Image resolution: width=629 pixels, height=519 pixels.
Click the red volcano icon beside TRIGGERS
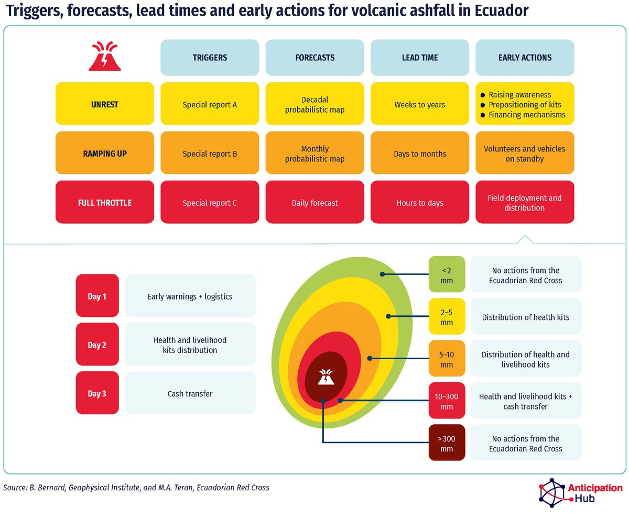point(105,56)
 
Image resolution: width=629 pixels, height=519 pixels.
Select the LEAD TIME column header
point(419,58)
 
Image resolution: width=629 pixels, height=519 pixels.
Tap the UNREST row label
point(105,105)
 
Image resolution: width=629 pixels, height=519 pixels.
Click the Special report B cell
point(210,154)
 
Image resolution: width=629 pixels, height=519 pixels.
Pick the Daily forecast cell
point(314,203)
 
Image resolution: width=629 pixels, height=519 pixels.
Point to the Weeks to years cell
point(419,105)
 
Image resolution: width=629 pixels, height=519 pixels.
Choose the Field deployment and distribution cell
point(524,203)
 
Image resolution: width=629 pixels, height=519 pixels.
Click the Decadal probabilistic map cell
point(314,105)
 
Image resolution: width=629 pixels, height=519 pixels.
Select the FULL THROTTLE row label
point(105,203)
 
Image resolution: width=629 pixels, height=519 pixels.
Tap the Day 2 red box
point(97,345)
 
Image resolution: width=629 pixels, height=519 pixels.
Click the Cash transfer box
point(190,393)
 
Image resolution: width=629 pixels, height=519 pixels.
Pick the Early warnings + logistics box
point(190,296)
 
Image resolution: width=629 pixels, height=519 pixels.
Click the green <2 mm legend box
point(447,274)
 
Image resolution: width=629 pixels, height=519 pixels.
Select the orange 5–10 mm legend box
point(447,359)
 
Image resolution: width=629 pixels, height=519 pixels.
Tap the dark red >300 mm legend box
point(447,443)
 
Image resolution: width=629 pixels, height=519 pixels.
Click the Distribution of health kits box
point(526,317)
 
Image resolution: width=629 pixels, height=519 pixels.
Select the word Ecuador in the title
point(497,10)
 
